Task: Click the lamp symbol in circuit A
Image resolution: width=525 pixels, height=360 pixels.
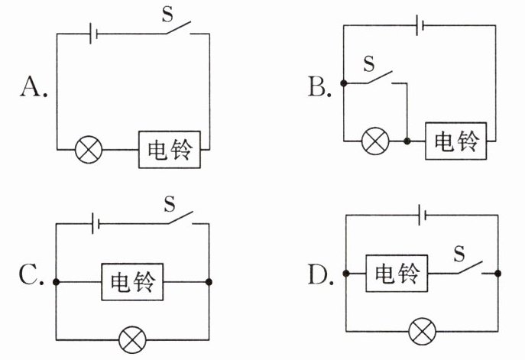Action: click(x=89, y=150)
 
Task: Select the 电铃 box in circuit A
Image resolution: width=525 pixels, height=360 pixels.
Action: click(x=170, y=149)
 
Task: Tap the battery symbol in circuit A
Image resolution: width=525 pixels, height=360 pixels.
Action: click(x=93, y=34)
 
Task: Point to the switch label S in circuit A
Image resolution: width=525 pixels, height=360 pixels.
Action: click(x=167, y=14)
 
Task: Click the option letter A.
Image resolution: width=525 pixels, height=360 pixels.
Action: click(x=32, y=86)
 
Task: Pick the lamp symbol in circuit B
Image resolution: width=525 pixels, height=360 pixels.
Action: click(x=376, y=141)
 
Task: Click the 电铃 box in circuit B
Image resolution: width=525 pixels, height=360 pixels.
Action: click(x=456, y=141)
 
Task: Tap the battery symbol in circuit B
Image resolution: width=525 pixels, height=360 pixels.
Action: click(x=420, y=25)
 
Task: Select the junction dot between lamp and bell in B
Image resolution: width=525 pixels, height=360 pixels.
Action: click(x=407, y=141)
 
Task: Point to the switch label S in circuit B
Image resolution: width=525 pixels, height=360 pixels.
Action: click(x=368, y=63)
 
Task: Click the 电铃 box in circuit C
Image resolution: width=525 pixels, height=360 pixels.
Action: click(x=133, y=282)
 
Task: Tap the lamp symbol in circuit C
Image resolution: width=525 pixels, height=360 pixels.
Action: click(x=133, y=339)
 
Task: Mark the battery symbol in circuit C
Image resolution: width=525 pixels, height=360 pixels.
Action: click(x=96, y=223)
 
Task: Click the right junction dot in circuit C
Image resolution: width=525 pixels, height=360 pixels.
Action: click(x=209, y=282)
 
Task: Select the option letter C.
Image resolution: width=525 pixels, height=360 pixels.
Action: click(x=30, y=274)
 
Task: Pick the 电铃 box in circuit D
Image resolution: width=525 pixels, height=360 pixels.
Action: click(x=397, y=274)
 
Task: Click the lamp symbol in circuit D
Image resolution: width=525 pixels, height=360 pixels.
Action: click(x=423, y=331)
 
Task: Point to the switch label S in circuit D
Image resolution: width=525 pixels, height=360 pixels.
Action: click(x=459, y=254)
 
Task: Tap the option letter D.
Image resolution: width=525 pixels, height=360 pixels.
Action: click(x=319, y=274)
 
